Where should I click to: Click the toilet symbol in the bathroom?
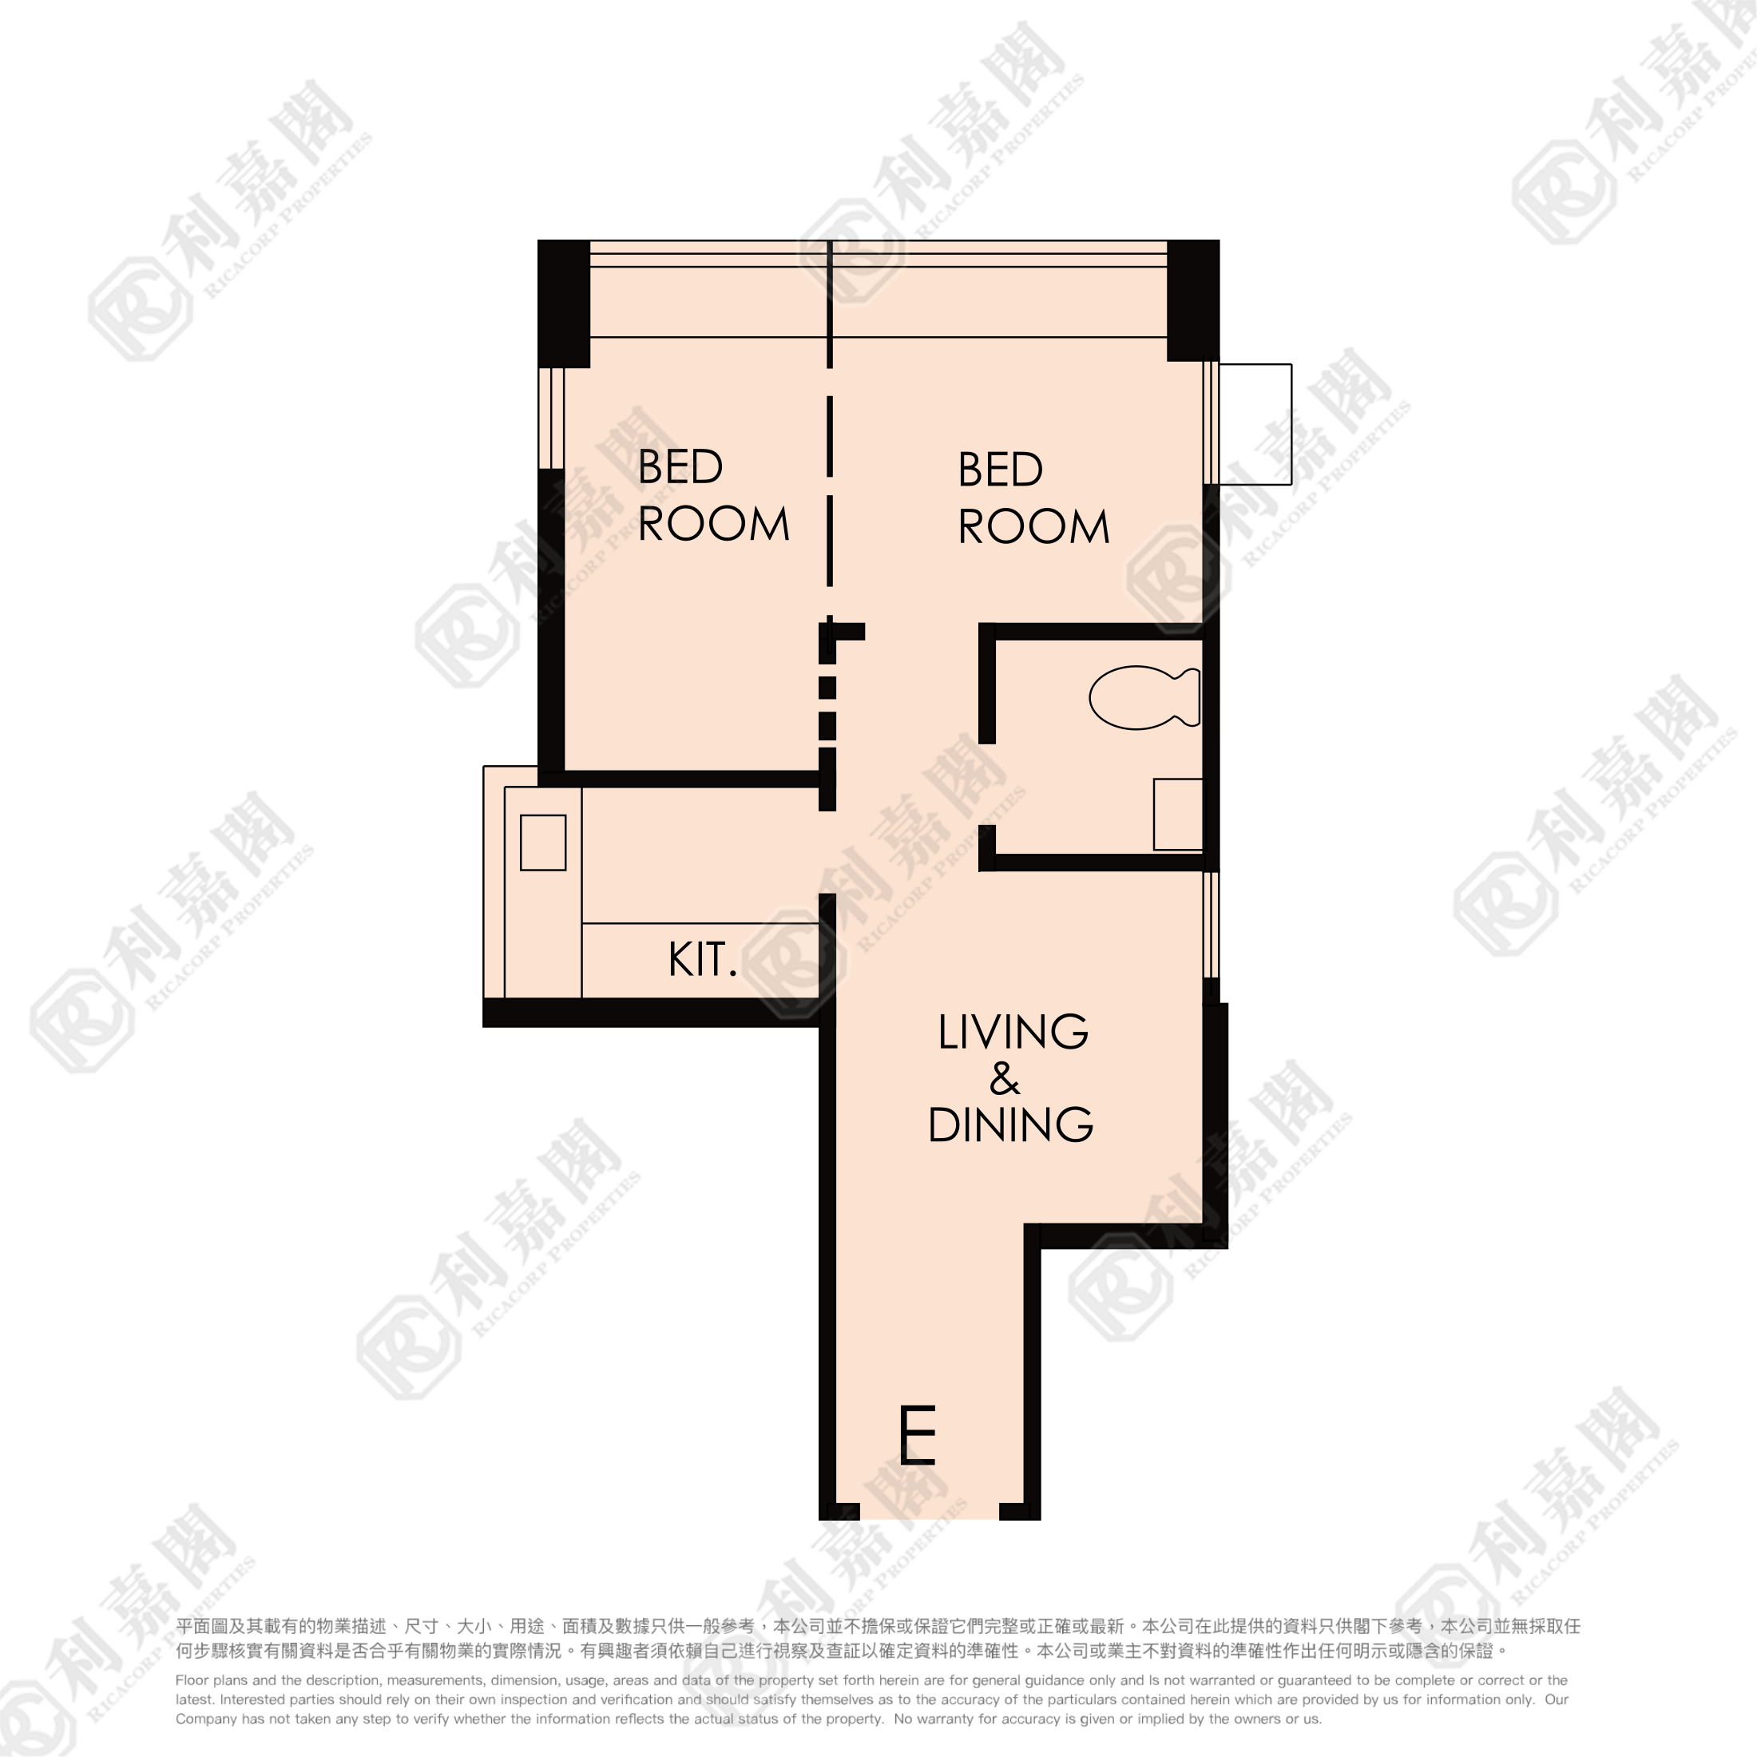click(x=1145, y=697)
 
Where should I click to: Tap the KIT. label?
click(x=702, y=959)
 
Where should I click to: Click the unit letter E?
click(x=917, y=1435)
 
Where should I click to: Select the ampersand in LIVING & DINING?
click(x=1005, y=1079)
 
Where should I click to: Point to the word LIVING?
click(x=1013, y=1032)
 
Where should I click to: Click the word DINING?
click(x=1010, y=1125)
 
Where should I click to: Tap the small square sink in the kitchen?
click(x=543, y=842)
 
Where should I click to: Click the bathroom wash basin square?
click(x=1179, y=814)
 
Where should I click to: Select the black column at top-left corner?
click(x=564, y=303)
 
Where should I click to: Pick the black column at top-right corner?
click(x=1193, y=300)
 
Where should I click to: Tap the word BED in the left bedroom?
click(x=680, y=466)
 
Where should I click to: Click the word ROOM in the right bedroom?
click(x=1034, y=526)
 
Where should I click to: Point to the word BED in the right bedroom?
click(x=1001, y=470)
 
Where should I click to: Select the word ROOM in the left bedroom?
click(x=714, y=524)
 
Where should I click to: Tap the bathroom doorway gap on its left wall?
click(x=987, y=784)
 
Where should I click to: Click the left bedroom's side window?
click(x=551, y=418)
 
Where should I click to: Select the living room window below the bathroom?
click(x=1212, y=924)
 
